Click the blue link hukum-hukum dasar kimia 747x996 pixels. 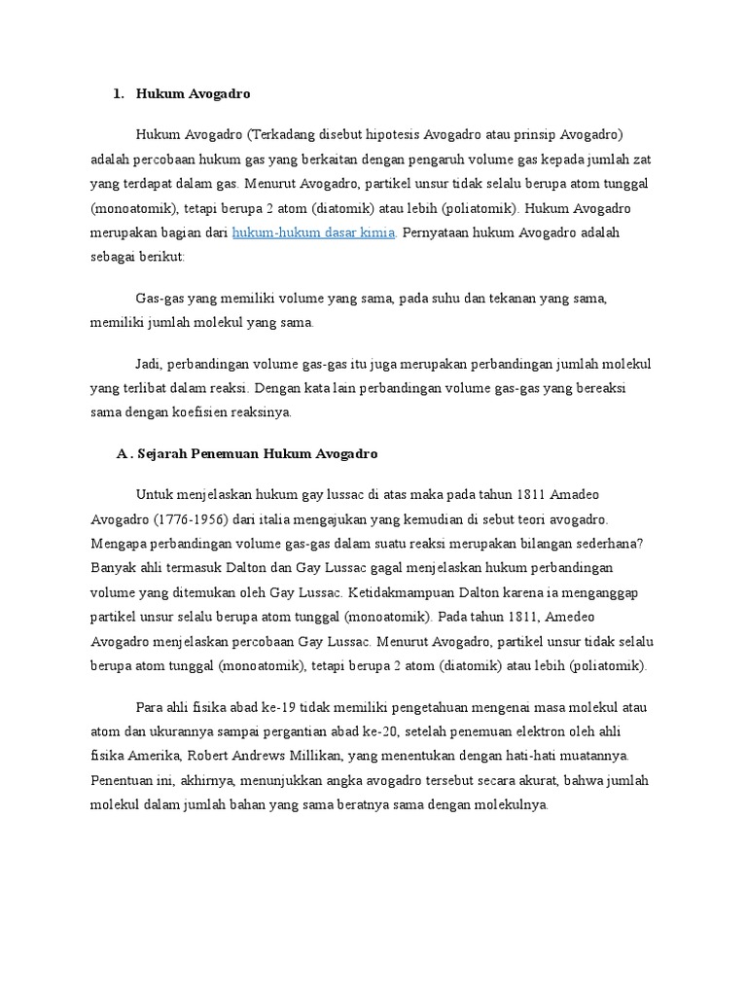coord(313,233)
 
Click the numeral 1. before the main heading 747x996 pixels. coord(119,94)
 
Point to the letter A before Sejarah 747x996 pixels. coord(122,454)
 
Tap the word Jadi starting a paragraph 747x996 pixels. coord(150,364)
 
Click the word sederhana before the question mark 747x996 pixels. coord(587,544)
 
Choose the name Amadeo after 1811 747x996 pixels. coord(587,495)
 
